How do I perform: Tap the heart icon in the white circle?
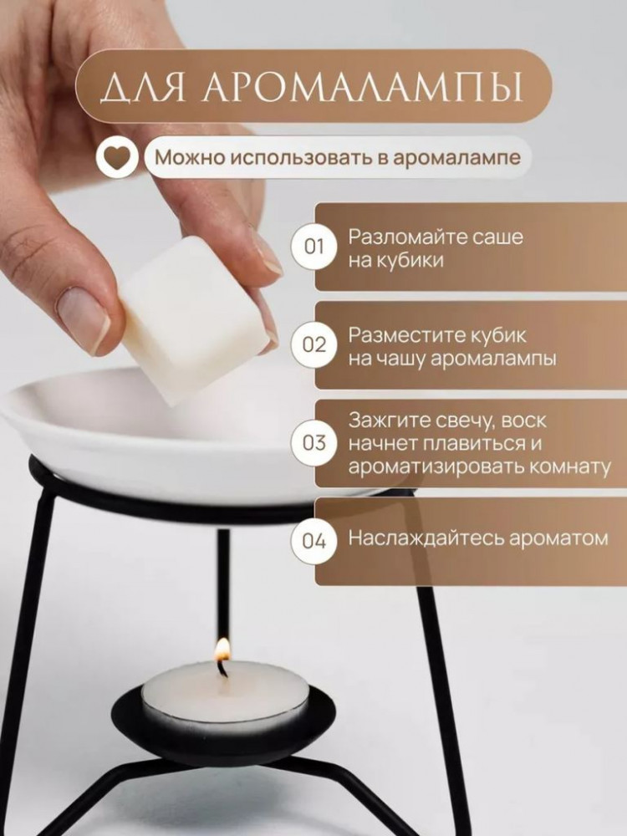click(118, 157)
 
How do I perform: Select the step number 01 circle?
click(313, 247)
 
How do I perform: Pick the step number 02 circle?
click(313, 345)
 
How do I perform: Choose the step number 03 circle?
click(313, 443)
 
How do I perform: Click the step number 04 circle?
click(313, 541)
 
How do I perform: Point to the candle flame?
click(222, 650)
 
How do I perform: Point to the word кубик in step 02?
click(499, 336)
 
